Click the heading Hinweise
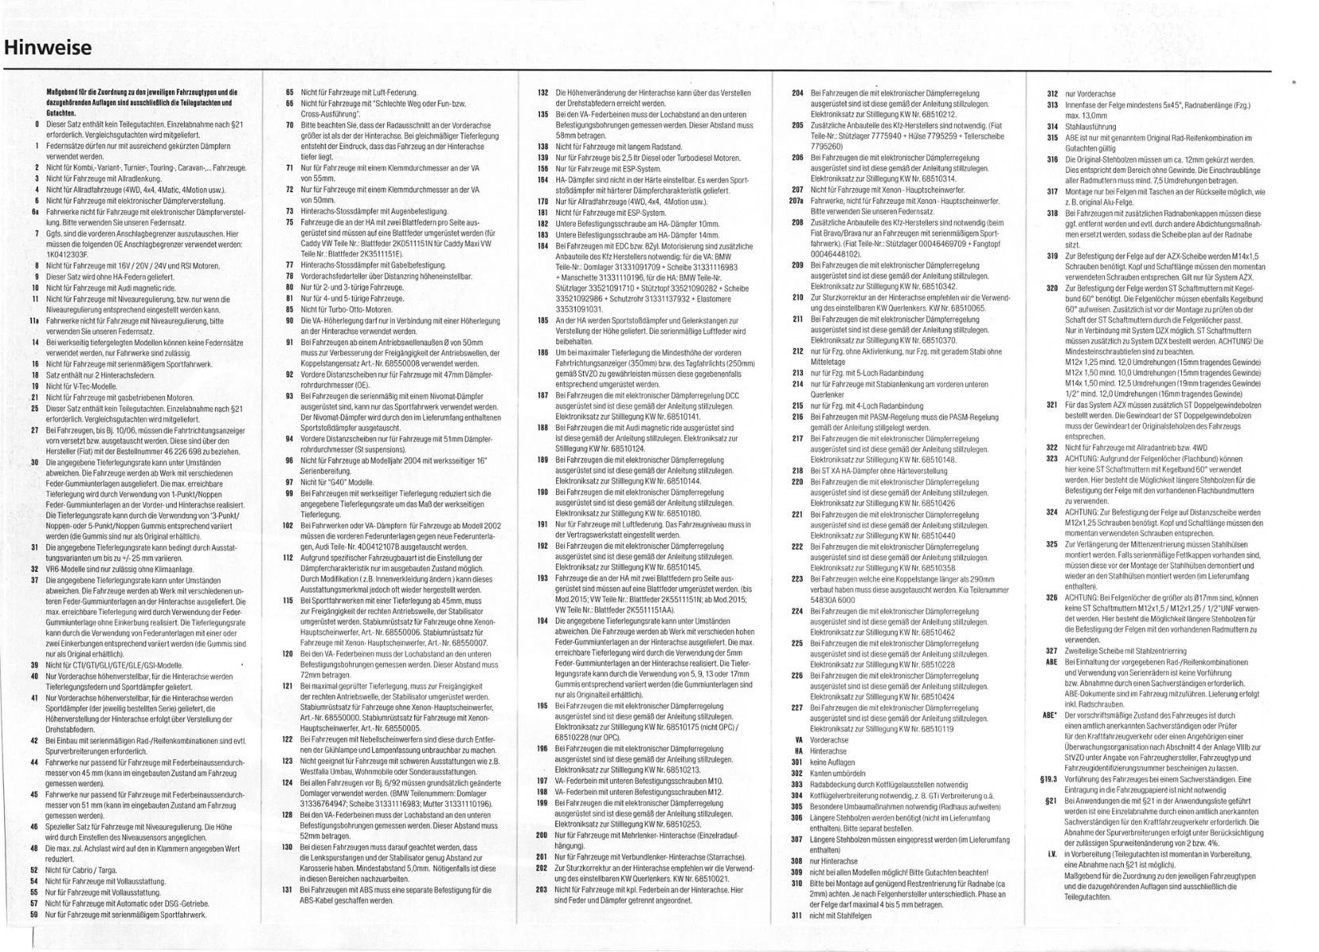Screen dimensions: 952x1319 [x=48, y=48]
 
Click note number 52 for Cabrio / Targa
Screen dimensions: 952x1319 [x=35, y=870]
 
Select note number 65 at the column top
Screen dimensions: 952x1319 [x=289, y=93]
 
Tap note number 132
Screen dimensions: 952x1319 [x=543, y=93]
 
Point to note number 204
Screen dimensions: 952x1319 [x=798, y=93]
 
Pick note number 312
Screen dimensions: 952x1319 [x=1053, y=94]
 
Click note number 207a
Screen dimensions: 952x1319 [x=796, y=201]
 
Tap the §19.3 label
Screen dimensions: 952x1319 [x=1049, y=779]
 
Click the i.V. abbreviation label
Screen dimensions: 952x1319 [x=1052, y=854]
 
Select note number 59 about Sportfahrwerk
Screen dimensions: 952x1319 [x=35, y=914]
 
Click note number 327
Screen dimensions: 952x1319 [x=1052, y=651]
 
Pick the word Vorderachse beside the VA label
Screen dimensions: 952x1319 [x=829, y=740]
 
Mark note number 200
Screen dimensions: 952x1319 [x=543, y=835]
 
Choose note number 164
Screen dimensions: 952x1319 [x=543, y=180]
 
